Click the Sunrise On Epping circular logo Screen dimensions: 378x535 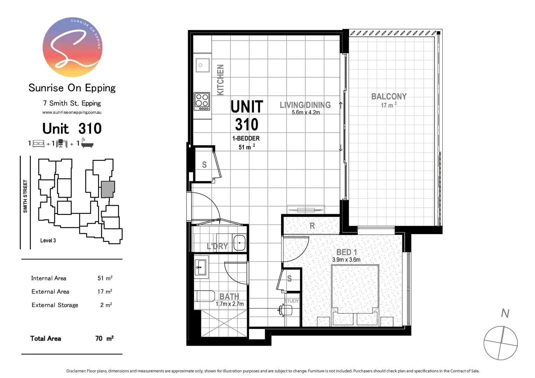[72, 47]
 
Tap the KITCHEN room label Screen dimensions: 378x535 [220, 80]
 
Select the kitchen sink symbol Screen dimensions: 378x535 [202, 65]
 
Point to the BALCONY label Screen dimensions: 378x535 [389, 97]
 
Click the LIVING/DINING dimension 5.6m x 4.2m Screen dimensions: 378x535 [306, 113]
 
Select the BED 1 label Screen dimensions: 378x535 [346, 252]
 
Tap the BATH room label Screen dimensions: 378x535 [229, 296]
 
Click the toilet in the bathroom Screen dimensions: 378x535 [206, 296]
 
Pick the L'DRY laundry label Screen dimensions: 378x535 [217, 246]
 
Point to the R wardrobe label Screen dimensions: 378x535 [312, 226]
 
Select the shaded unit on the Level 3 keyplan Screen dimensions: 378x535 [107, 189]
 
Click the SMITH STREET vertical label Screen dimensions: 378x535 [25, 196]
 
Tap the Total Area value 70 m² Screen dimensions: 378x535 [104, 338]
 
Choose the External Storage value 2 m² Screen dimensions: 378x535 [106, 305]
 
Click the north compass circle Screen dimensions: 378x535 [500, 343]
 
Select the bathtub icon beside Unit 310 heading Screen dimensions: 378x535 [87, 143]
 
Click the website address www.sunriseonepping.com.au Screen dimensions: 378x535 [72, 112]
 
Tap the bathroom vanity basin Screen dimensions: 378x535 [201, 267]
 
